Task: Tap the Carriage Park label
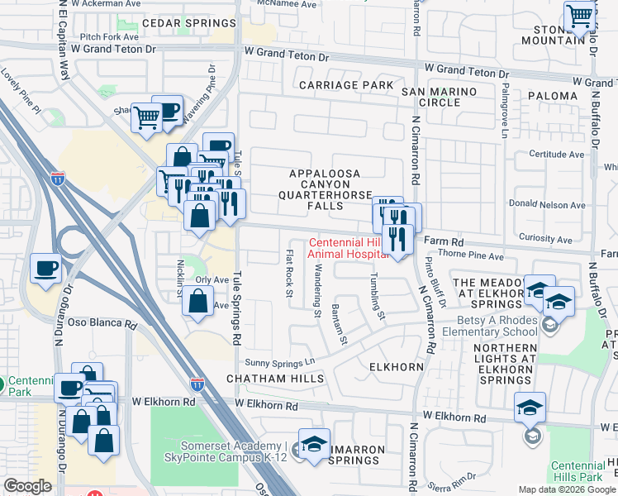[x=346, y=85]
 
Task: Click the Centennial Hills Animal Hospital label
[x=347, y=249]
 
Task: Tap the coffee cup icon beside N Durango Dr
[x=45, y=269]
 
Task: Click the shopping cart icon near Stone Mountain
[x=579, y=17]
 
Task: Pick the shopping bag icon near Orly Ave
[x=198, y=303]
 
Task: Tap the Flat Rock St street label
[x=288, y=273]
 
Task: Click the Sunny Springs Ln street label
[x=281, y=362]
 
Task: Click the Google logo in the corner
[x=28, y=486]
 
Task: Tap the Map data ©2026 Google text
[x=566, y=489]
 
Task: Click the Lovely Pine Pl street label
[x=21, y=82]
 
